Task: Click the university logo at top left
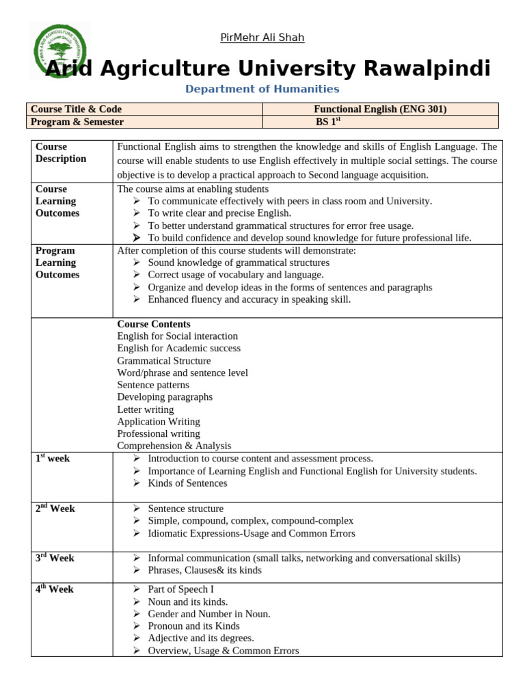click(x=61, y=51)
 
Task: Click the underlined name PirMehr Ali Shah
click(x=262, y=38)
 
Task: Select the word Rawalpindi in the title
click(x=427, y=68)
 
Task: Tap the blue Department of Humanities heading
click(x=262, y=89)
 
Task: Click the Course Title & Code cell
click(x=77, y=109)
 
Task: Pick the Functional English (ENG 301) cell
click(x=380, y=109)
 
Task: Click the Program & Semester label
click(x=77, y=122)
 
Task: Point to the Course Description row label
click(x=61, y=152)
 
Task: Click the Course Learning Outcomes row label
click(x=57, y=201)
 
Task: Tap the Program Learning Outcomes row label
click(x=57, y=262)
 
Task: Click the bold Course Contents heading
click(x=154, y=324)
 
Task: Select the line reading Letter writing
click(x=146, y=409)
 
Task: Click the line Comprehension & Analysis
click(x=174, y=446)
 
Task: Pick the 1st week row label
click(x=53, y=458)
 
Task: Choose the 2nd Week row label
click(x=55, y=509)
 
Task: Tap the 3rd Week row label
click(x=55, y=558)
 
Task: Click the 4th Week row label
click(x=55, y=589)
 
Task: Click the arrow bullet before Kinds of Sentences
click(x=137, y=483)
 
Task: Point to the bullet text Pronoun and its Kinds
click(x=193, y=626)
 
